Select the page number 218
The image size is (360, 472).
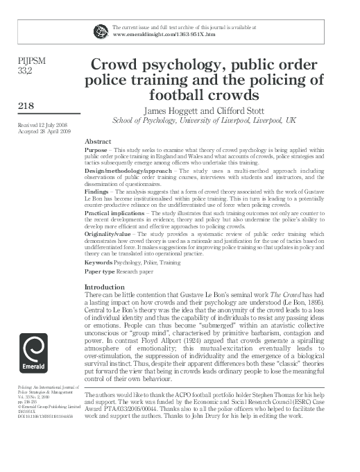26,106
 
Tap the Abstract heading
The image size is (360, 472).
98,140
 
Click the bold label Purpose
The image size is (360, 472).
95,149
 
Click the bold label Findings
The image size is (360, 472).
96,189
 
